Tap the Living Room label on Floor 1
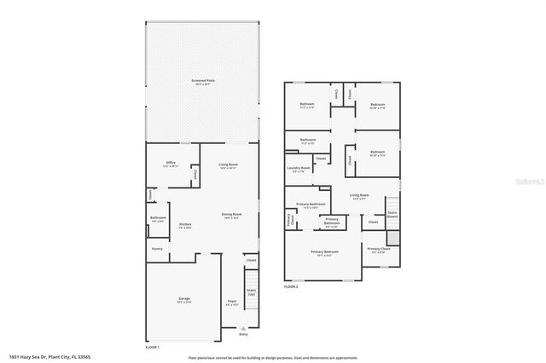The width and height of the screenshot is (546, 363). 228,165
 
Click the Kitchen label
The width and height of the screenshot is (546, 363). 184,225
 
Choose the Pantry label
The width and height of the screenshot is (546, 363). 157,249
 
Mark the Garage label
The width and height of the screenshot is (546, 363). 183,299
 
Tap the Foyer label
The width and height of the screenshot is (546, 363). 231,302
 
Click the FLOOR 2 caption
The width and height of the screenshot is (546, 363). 291,287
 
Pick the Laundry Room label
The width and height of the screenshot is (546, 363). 299,169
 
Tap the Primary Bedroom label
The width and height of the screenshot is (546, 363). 324,253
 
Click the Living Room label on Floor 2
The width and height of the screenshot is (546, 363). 359,196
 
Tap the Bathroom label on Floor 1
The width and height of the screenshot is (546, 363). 158,219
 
